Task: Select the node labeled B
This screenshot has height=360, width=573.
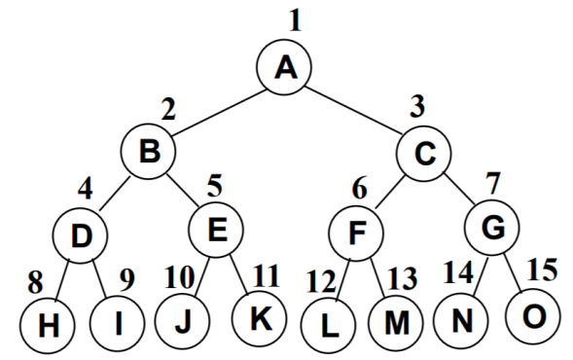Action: (x=149, y=151)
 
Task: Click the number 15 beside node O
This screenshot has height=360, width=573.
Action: (x=543, y=270)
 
